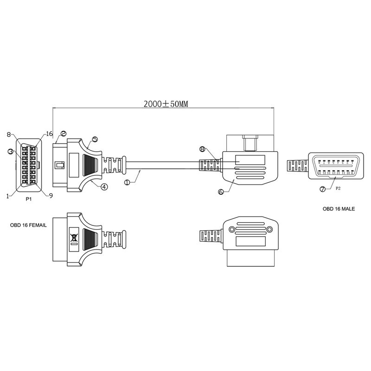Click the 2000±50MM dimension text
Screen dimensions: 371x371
pos(166,104)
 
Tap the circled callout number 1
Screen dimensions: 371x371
pos(127,183)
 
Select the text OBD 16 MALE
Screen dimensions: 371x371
pos(339,209)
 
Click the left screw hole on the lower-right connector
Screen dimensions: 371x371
pos(232,229)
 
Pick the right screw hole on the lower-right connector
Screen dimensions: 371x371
pos(269,229)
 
